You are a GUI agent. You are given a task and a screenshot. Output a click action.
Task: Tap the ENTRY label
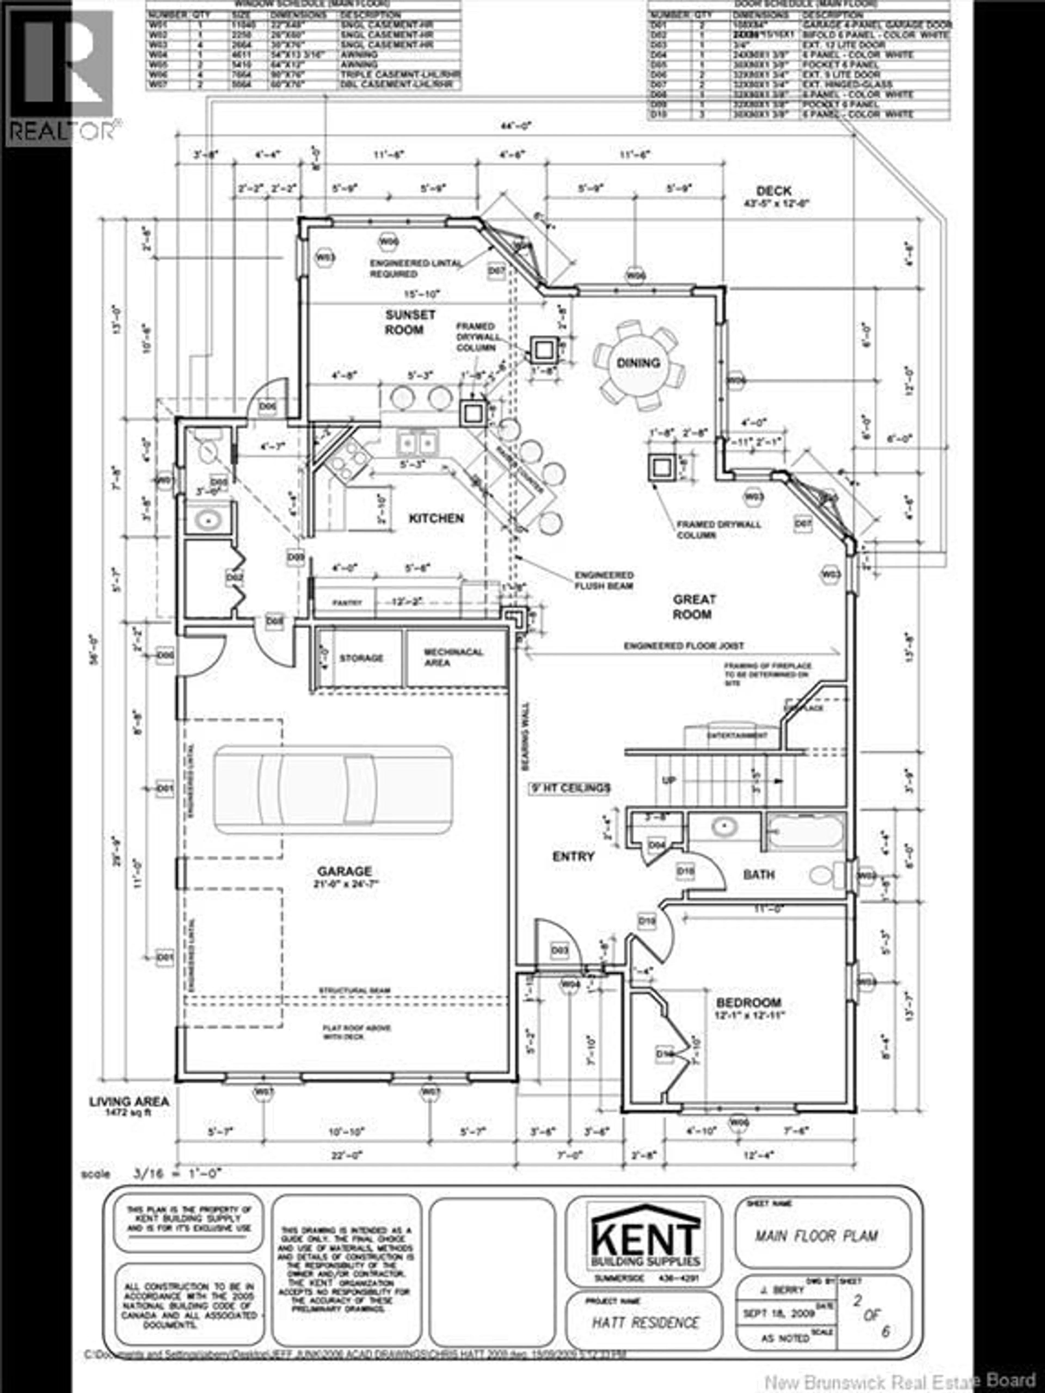pos(573,856)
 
